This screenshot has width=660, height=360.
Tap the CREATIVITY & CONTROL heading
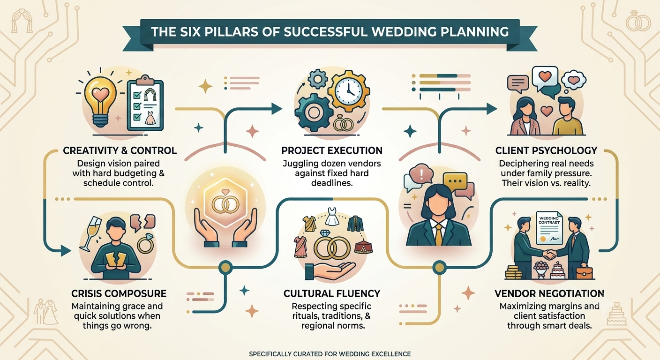(x=120, y=150)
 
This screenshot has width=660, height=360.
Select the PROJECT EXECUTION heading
(x=332, y=150)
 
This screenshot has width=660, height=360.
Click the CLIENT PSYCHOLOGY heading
(x=546, y=150)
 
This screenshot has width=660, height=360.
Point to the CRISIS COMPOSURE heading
(x=119, y=293)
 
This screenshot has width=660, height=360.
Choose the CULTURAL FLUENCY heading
(x=332, y=293)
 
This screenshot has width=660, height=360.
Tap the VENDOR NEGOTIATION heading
(x=549, y=293)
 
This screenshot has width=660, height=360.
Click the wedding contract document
(x=549, y=227)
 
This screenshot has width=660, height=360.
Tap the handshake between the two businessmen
(x=549, y=255)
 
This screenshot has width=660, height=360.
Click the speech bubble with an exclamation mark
(x=421, y=175)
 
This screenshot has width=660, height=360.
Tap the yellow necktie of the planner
(x=438, y=234)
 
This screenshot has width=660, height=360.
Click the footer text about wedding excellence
(x=330, y=354)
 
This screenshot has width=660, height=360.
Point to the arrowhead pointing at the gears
(x=277, y=109)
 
